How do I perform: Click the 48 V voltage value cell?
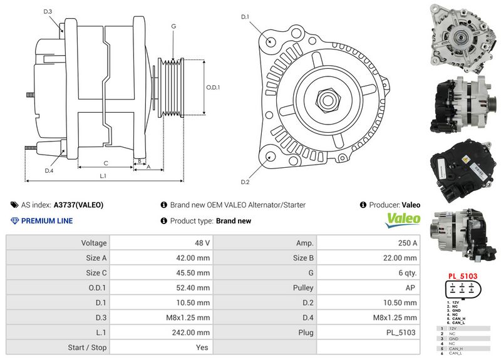tap(202, 243)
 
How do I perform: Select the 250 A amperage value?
tap(407, 243)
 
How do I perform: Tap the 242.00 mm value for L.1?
tap(194, 333)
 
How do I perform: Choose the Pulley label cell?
tap(303, 288)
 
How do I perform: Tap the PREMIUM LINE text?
tap(46, 221)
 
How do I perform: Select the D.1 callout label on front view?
tap(245, 16)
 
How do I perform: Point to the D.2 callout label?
tap(245, 182)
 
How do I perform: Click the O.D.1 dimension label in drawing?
tap(213, 88)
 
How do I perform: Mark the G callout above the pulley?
tap(173, 27)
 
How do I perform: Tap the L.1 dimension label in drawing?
tap(103, 176)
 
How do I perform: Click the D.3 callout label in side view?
tap(48, 12)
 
